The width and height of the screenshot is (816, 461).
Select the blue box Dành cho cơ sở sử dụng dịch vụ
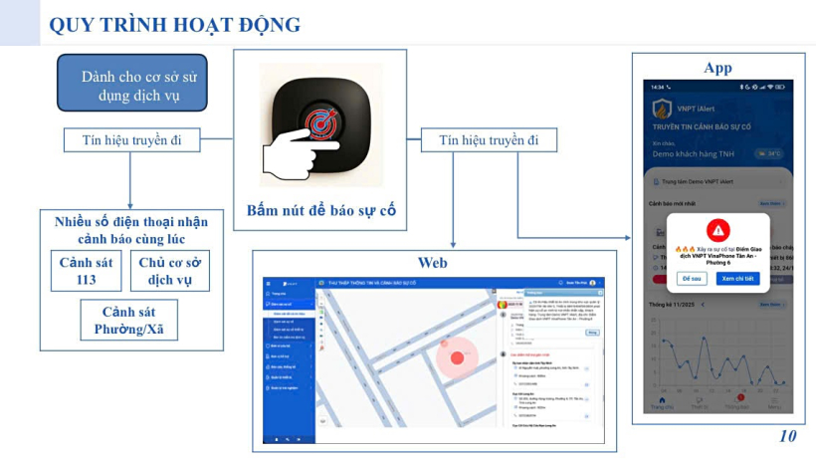131,84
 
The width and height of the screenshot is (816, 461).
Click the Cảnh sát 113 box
86,270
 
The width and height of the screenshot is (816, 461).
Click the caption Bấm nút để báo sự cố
321,210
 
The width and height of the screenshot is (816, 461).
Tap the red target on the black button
321,123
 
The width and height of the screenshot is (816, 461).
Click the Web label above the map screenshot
431,263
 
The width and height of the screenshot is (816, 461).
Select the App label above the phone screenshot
716,68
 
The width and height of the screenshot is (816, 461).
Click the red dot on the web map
458,357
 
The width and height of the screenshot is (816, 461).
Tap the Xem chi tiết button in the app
738,278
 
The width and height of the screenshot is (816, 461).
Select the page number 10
788,436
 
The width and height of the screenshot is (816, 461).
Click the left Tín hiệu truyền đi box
131,140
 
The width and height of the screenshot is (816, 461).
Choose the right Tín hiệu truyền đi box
489,140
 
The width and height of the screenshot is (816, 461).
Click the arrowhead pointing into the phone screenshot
638,239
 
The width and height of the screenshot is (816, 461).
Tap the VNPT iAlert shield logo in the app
661,109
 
